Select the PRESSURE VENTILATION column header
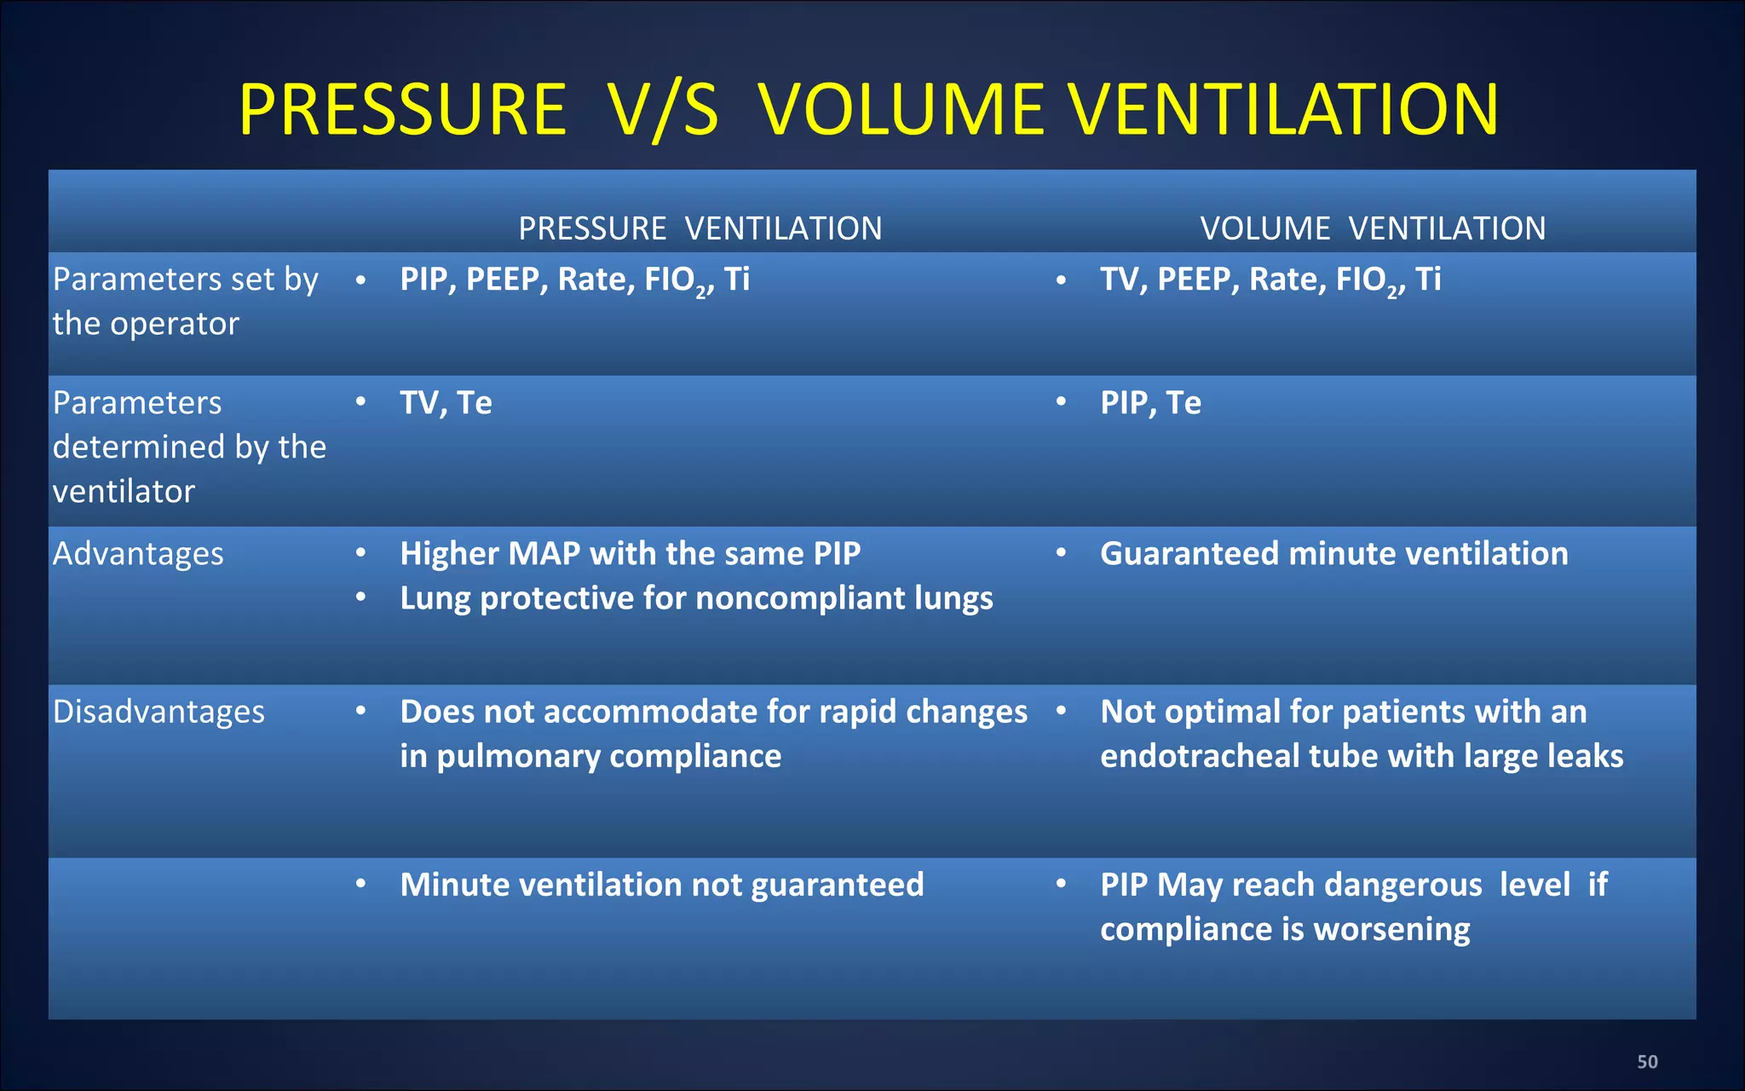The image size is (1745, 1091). tap(700, 228)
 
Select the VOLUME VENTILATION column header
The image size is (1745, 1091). tap(1372, 228)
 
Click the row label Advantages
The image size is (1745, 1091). tap(138, 554)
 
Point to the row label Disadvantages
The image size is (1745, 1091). tap(158, 712)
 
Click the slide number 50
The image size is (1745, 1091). tap(1647, 1062)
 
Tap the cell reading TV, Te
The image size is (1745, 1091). tap(446, 403)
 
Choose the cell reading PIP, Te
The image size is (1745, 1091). tap(1150, 403)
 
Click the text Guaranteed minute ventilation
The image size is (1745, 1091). tap(1333, 554)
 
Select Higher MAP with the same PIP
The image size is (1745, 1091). tap(631, 554)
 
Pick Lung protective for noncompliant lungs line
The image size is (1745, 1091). tap(696, 598)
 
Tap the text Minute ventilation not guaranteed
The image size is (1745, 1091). tap(662, 885)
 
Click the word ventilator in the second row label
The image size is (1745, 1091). tap(124, 492)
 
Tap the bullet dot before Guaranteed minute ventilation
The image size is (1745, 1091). tap(1061, 553)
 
